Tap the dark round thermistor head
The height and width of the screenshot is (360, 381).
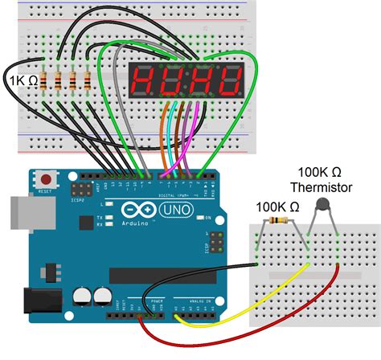click(x=324, y=207)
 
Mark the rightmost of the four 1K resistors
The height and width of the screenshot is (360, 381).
click(x=86, y=80)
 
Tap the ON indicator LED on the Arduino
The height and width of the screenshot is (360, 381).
click(x=207, y=218)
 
